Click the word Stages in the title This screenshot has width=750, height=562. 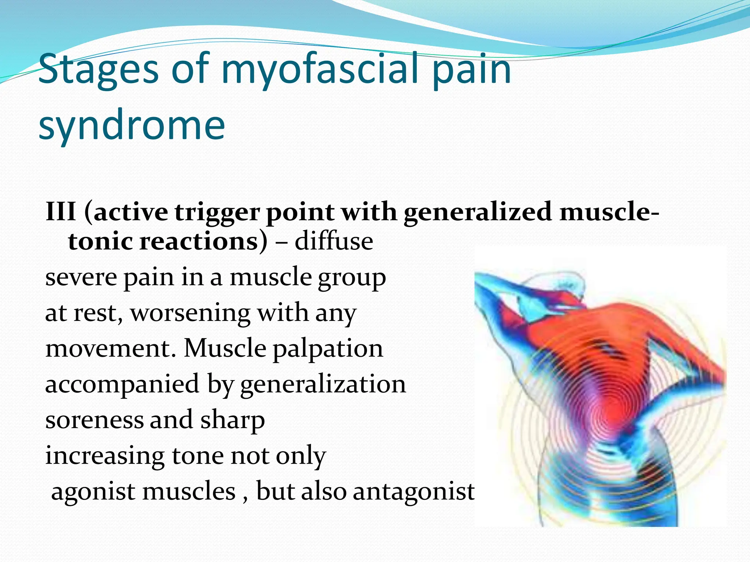98,70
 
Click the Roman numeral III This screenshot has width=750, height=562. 61,212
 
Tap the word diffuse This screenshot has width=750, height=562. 334,241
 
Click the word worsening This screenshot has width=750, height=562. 190,313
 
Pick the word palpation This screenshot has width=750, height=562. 328,349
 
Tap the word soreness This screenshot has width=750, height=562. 94,420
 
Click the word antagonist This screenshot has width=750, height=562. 413,491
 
